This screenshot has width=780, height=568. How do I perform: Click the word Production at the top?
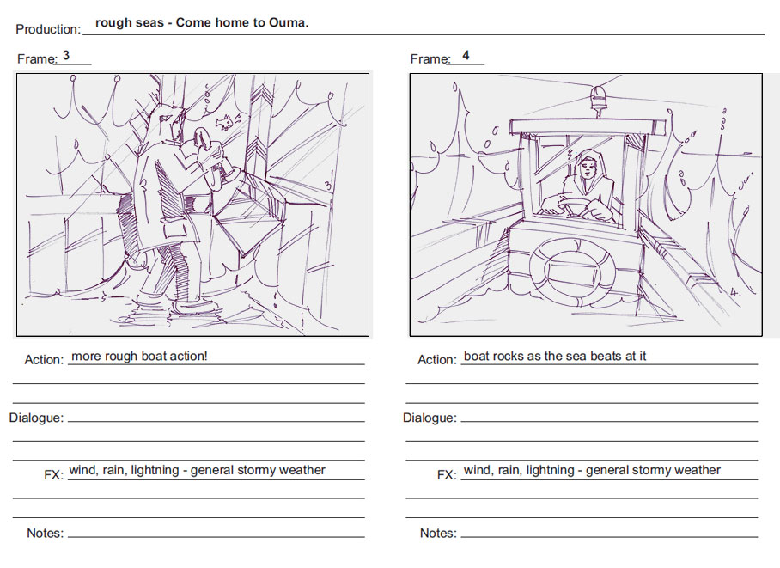pyautogui.click(x=48, y=29)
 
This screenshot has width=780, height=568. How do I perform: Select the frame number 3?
pyautogui.click(x=66, y=55)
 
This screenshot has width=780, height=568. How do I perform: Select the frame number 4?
pyautogui.click(x=466, y=55)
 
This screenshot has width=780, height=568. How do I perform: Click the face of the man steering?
pyautogui.click(x=588, y=170)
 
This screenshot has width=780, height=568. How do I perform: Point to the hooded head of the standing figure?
pyautogui.click(x=165, y=121)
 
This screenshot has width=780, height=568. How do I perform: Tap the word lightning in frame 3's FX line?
pyautogui.click(x=155, y=470)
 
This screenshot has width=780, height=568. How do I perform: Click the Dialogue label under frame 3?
pyautogui.click(x=36, y=418)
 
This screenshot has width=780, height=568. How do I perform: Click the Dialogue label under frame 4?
pyautogui.click(x=430, y=418)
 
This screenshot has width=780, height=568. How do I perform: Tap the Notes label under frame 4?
pyautogui.click(x=438, y=533)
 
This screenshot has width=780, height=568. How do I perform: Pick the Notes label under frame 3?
pyautogui.click(x=46, y=533)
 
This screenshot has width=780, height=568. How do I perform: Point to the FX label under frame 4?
pyautogui.click(x=447, y=475)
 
